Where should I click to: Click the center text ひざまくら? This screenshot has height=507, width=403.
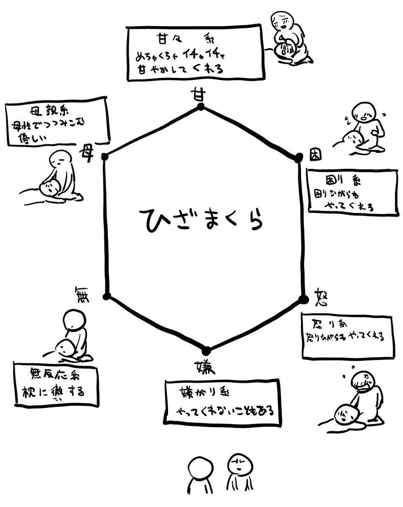200,218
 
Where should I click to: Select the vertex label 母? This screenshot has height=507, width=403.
87,153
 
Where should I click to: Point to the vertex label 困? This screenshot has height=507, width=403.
315,154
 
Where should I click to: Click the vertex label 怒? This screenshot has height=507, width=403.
322,297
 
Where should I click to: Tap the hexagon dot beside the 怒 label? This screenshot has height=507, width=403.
303,299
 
